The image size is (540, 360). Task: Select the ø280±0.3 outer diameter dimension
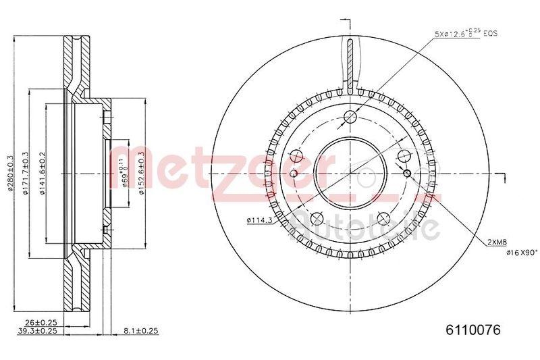coord(10,174)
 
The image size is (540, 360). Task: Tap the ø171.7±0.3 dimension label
coord(26,174)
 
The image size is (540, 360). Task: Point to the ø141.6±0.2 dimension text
coord(43,174)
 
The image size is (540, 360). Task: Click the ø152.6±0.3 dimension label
coord(141,174)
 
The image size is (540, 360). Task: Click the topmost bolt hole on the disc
coord(350,118)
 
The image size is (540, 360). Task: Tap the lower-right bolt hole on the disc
coord(383,217)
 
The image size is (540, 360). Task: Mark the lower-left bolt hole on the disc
coord(317,217)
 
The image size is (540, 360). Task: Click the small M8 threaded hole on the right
coord(406,174)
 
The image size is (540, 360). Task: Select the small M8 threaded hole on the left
coord(294,174)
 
